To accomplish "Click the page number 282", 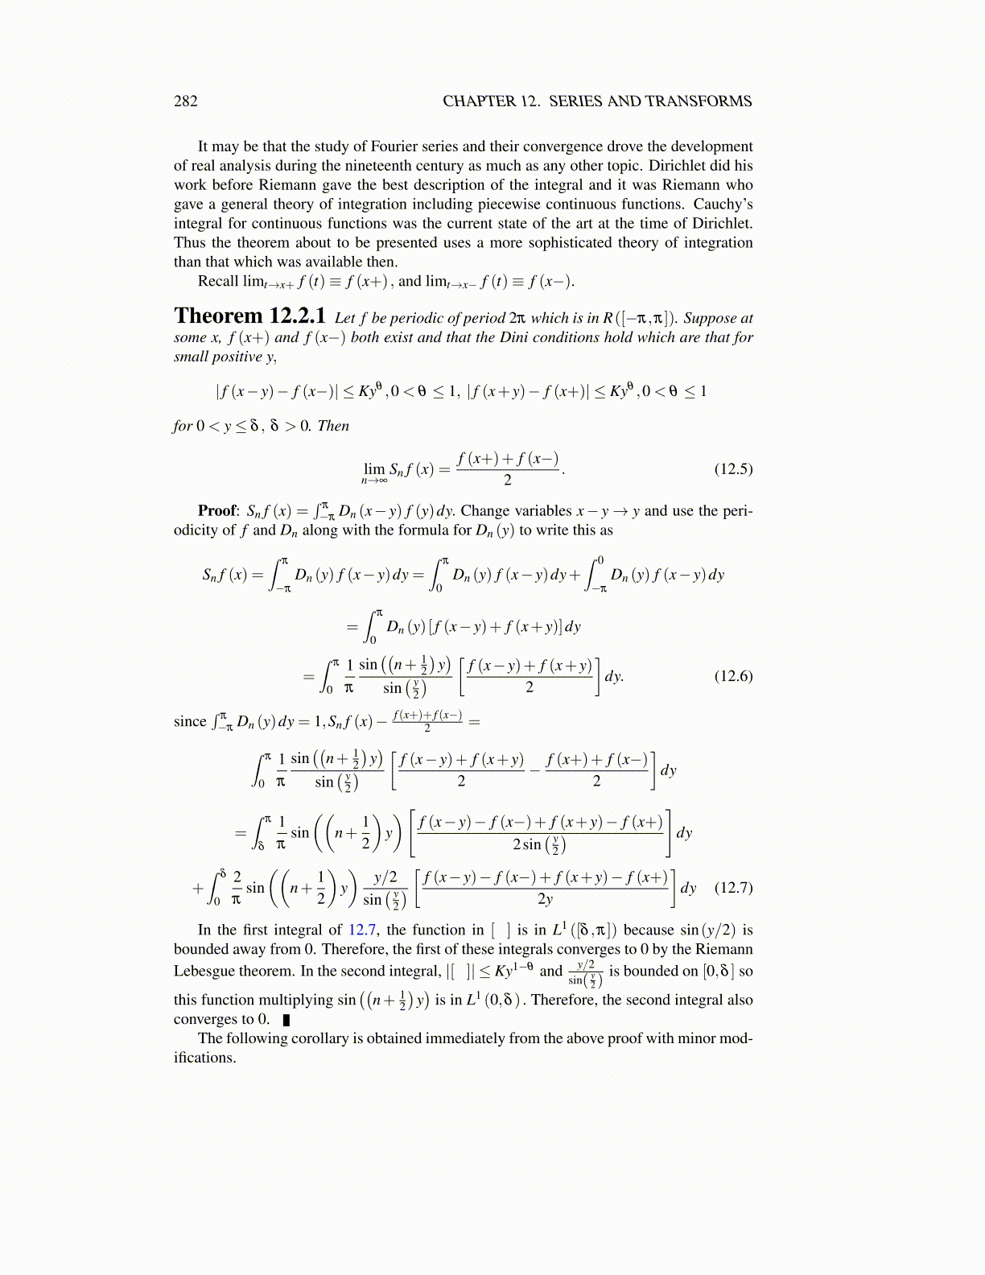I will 185,101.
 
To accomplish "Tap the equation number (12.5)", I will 733,468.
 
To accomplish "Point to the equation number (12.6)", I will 733,676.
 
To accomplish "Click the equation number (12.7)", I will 733,888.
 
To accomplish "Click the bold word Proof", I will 217,511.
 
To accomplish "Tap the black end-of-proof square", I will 286,1020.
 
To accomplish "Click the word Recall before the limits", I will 219,282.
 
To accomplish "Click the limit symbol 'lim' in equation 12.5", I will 374,468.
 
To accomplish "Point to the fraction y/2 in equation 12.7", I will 385,878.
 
